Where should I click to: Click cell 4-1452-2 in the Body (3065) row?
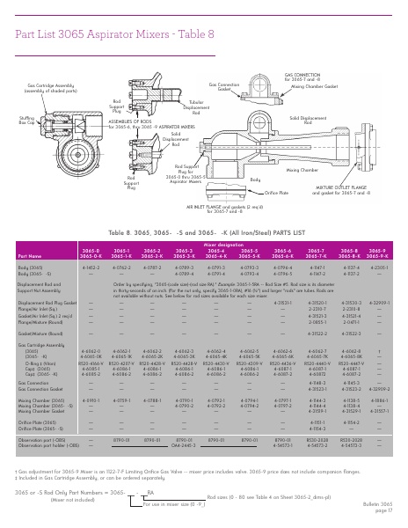coord(90,265)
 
